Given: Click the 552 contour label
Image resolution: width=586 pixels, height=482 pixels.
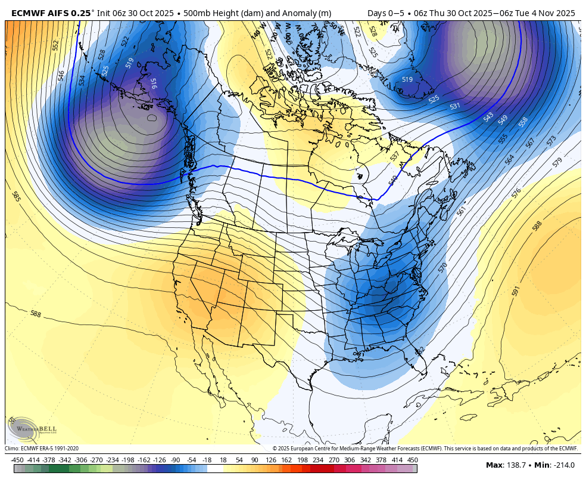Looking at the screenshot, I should pyautogui.click(x=56, y=45).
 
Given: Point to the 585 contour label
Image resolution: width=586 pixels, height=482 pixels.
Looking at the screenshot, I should pyautogui.click(x=15, y=196).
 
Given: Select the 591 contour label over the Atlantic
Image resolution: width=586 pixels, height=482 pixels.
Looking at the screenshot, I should pyautogui.click(x=516, y=291).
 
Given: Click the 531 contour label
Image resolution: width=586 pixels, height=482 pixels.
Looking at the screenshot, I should pyautogui.click(x=455, y=106).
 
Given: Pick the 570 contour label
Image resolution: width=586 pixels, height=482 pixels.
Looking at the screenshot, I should pyautogui.click(x=442, y=267).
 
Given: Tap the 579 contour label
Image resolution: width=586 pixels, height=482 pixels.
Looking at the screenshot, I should pyautogui.click(x=557, y=162).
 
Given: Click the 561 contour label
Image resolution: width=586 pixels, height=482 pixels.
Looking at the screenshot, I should pyautogui.click(x=461, y=211).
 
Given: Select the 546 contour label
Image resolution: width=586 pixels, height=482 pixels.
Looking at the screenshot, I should pyautogui.click(x=61, y=75).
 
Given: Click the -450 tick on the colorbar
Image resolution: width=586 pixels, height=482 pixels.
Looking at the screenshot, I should pyautogui.click(x=17, y=460).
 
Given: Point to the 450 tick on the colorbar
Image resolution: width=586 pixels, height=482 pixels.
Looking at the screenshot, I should pyautogui.click(x=412, y=460).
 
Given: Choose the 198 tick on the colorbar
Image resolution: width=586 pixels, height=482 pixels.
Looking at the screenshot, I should pyautogui.click(x=303, y=460).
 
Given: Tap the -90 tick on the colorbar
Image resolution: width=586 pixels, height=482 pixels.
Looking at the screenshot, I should pyautogui.click(x=175, y=460).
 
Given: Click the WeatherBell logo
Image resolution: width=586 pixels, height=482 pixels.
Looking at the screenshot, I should pyautogui.click(x=24, y=428).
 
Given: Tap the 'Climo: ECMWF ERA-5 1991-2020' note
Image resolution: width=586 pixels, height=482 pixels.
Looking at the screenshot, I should pyautogui.click(x=42, y=449).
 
